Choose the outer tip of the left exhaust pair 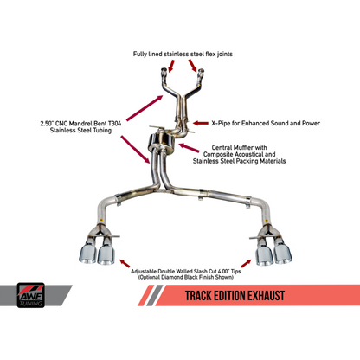coord(88,252)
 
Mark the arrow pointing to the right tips coord(245,261)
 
